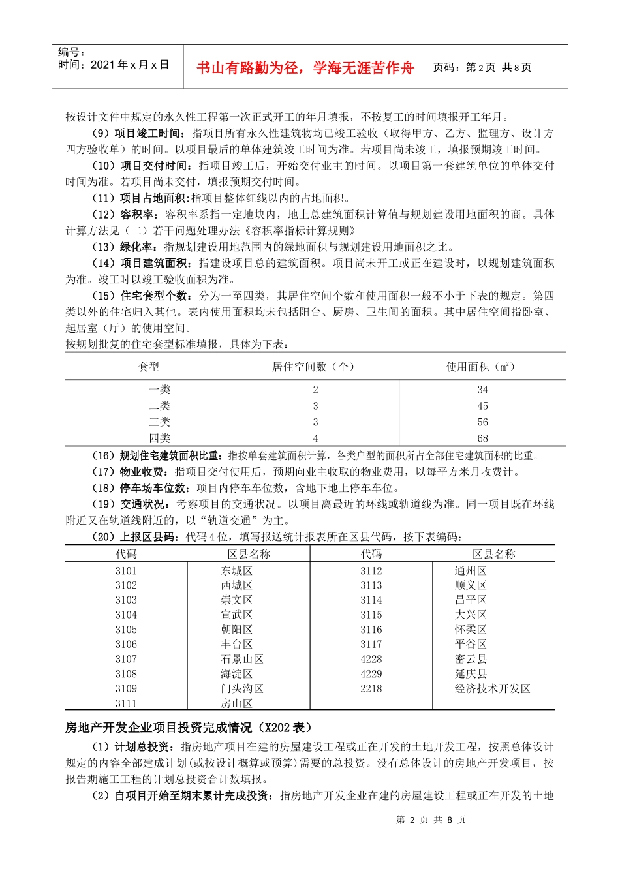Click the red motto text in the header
point(305,68)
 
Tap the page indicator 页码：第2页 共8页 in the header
point(482,67)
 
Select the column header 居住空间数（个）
point(314,367)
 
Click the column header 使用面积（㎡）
point(482,367)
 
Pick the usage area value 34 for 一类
point(482,390)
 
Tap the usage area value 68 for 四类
point(482,438)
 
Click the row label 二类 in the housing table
point(159,406)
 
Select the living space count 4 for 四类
point(315,438)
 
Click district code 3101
point(126,570)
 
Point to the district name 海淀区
point(236,674)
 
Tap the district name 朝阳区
point(236,630)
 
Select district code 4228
point(371,659)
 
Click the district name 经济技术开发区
point(493,688)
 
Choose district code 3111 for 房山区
point(126,703)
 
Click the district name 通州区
point(471,570)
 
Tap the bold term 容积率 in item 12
point(137,215)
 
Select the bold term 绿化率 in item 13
point(137,247)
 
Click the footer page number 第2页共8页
point(431,820)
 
